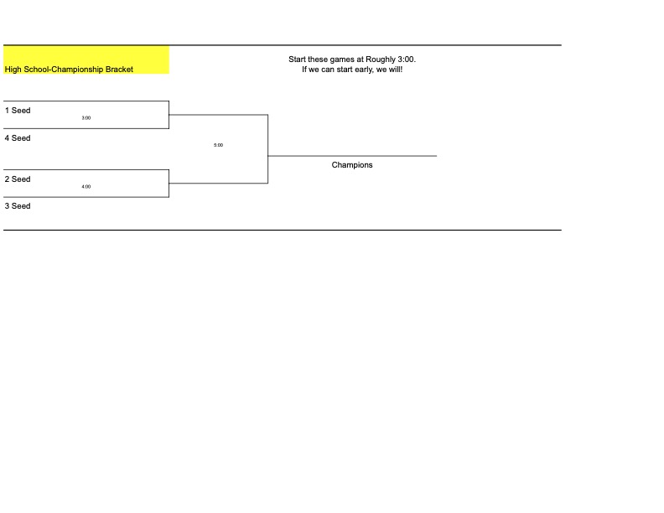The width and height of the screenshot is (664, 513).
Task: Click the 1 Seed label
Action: click(x=18, y=111)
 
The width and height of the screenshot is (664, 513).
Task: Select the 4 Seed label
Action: click(x=18, y=138)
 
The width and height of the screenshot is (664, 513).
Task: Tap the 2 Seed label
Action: click(x=18, y=179)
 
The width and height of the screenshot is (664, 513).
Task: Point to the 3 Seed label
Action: click(x=18, y=206)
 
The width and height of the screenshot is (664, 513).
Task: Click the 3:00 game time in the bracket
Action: click(x=86, y=118)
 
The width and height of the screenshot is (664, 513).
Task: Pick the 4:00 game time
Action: click(x=86, y=187)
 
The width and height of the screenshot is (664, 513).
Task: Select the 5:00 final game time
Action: click(x=219, y=145)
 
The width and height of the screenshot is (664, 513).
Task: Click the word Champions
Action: click(x=352, y=165)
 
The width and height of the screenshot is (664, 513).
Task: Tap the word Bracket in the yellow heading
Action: click(x=119, y=70)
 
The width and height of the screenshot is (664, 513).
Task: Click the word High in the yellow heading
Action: click(x=13, y=70)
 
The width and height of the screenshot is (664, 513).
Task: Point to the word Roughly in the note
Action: click(x=381, y=60)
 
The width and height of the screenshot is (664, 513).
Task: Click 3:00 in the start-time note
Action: click(x=407, y=60)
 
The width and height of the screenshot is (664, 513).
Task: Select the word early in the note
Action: click(x=363, y=70)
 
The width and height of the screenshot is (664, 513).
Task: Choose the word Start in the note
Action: click(x=298, y=60)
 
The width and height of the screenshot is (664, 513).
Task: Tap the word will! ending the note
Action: click(x=395, y=70)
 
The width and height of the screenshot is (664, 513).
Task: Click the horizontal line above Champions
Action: click(x=352, y=156)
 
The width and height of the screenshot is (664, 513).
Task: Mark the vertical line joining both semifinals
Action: click(x=268, y=149)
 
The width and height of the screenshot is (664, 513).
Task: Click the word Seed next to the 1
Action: click(x=21, y=111)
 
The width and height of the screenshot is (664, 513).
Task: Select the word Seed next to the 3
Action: click(x=21, y=206)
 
